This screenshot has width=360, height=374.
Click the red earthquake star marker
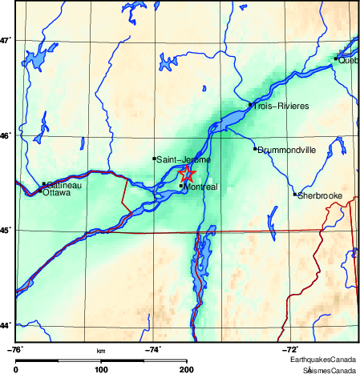pos(187,174)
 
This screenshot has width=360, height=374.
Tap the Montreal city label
pos(200,187)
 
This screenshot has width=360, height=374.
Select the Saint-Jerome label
pos(184,160)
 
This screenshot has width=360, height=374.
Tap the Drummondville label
pos(287,150)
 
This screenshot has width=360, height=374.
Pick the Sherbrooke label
pos(320,195)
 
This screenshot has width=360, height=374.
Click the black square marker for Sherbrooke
pos(295,194)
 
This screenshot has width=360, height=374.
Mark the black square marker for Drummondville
pos(255,148)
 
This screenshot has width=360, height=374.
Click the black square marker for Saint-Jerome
pos(154,159)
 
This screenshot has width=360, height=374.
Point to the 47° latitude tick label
pos(7,40)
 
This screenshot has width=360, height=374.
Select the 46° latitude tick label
pos(7,135)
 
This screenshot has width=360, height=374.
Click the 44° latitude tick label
pos(7,325)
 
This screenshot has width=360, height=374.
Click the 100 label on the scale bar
pos(101,369)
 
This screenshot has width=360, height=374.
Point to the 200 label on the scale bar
pos(187,369)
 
